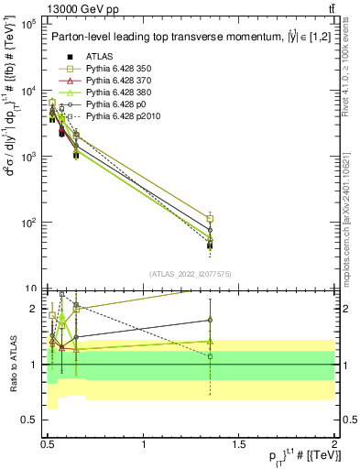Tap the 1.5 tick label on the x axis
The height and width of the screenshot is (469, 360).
point(239,444)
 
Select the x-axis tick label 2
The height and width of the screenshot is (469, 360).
point(334,444)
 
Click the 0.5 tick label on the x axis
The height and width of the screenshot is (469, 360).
point(49,444)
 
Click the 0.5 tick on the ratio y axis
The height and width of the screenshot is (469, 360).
point(27,420)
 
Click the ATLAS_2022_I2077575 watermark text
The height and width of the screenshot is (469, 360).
point(190,274)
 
